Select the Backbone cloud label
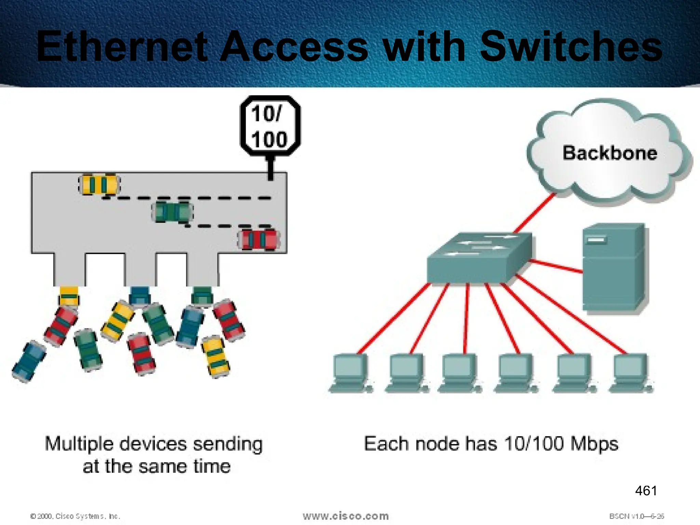point(610,153)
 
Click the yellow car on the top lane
point(99,185)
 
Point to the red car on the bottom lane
point(259,240)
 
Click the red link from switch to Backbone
point(535,213)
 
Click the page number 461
point(646,491)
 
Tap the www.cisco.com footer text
point(346,516)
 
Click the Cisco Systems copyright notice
point(75,516)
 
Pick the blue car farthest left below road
point(29,362)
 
